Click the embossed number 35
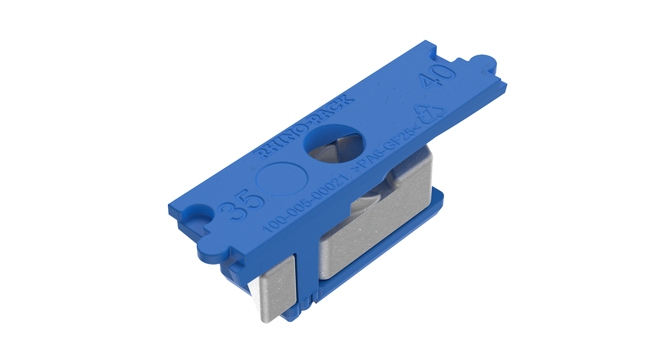pos(241,204)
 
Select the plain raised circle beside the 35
pos(282,179)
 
